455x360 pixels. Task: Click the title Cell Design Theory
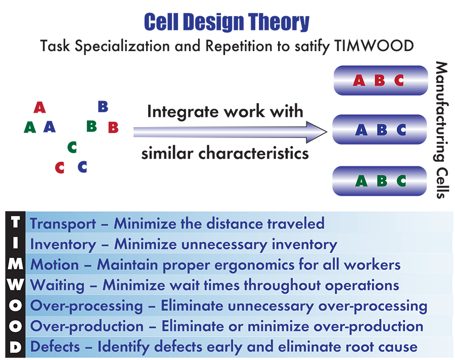226,22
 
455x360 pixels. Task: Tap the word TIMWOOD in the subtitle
374,46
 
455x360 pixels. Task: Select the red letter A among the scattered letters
40,107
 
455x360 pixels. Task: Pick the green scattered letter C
72,147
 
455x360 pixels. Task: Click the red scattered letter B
113,127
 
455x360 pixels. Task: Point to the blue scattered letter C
82,167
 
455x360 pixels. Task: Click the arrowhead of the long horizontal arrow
317,132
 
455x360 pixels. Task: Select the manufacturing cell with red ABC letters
381,80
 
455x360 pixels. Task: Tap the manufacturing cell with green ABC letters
380,181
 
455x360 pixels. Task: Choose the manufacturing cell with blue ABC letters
380,129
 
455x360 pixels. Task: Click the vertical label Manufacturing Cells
441,130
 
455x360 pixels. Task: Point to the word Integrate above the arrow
183,112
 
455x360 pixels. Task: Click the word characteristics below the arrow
254,153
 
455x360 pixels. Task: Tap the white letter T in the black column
15,222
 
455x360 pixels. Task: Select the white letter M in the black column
15,264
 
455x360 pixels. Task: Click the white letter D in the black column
15,347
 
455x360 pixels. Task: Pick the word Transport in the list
63,224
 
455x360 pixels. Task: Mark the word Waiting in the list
58,286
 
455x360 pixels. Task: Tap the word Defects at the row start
55,347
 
